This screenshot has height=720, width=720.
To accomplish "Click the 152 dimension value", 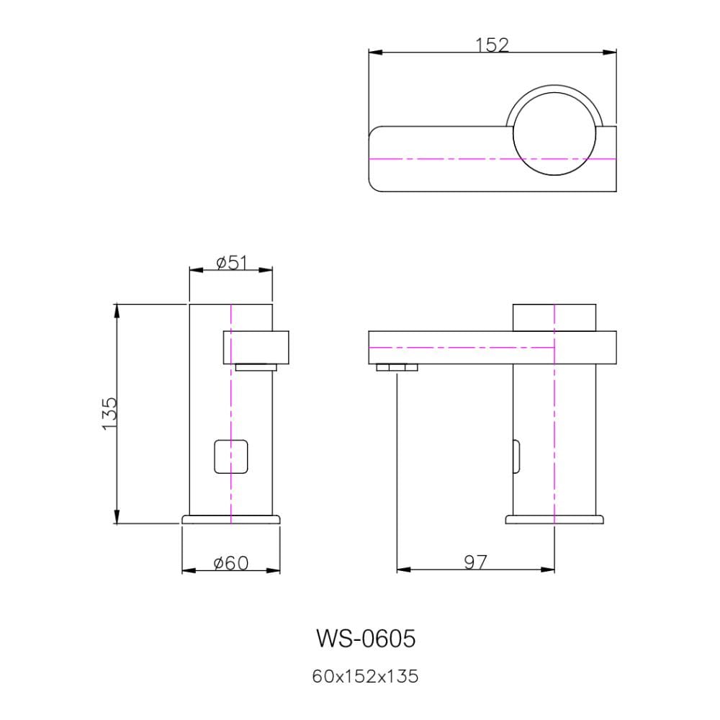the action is tap(492, 45).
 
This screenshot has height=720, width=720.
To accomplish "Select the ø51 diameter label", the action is tap(231, 263).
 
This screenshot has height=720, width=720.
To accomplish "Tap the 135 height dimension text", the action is tap(109, 413).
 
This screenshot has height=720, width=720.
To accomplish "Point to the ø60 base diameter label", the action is tap(231, 563).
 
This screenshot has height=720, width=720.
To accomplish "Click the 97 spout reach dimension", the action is tap(475, 562).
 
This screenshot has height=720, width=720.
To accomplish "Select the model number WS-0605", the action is tap(366, 638).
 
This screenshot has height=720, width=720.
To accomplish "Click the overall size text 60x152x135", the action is tap(365, 676).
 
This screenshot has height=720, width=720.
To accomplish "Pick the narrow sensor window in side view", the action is tap(516, 456).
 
